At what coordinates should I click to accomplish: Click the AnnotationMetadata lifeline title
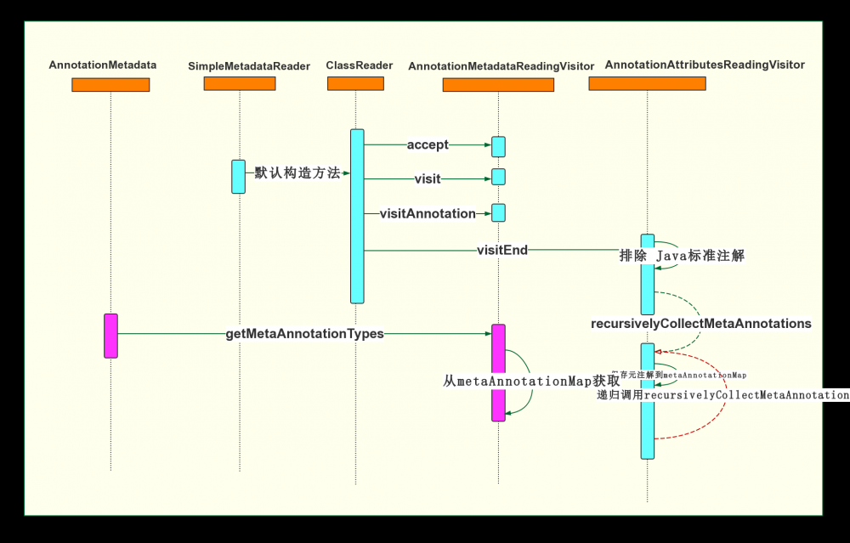tap(103, 65)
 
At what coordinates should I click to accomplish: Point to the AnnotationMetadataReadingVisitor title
tap(501, 65)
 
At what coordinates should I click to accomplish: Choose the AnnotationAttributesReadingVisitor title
tap(705, 65)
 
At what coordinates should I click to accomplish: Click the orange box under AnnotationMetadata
tap(110, 84)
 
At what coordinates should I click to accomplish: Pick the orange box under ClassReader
tap(355, 83)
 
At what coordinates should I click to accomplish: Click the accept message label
tap(428, 144)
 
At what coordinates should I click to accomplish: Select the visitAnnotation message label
tap(428, 213)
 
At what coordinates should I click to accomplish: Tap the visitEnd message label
tap(501, 250)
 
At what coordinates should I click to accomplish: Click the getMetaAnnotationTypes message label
tap(304, 334)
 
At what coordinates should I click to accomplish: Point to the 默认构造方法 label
tap(297, 173)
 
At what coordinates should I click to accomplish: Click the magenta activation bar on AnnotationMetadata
tap(110, 335)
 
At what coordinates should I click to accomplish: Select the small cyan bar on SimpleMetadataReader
tap(239, 176)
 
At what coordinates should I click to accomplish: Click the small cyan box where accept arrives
tap(498, 146)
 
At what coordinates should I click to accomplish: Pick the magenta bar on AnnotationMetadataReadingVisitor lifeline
tap(498, 371)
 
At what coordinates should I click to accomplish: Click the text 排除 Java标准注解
tap(682, 255)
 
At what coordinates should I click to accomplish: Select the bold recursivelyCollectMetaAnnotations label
tap(700, 324)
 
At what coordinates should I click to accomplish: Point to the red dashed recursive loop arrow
tap(725, 399)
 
